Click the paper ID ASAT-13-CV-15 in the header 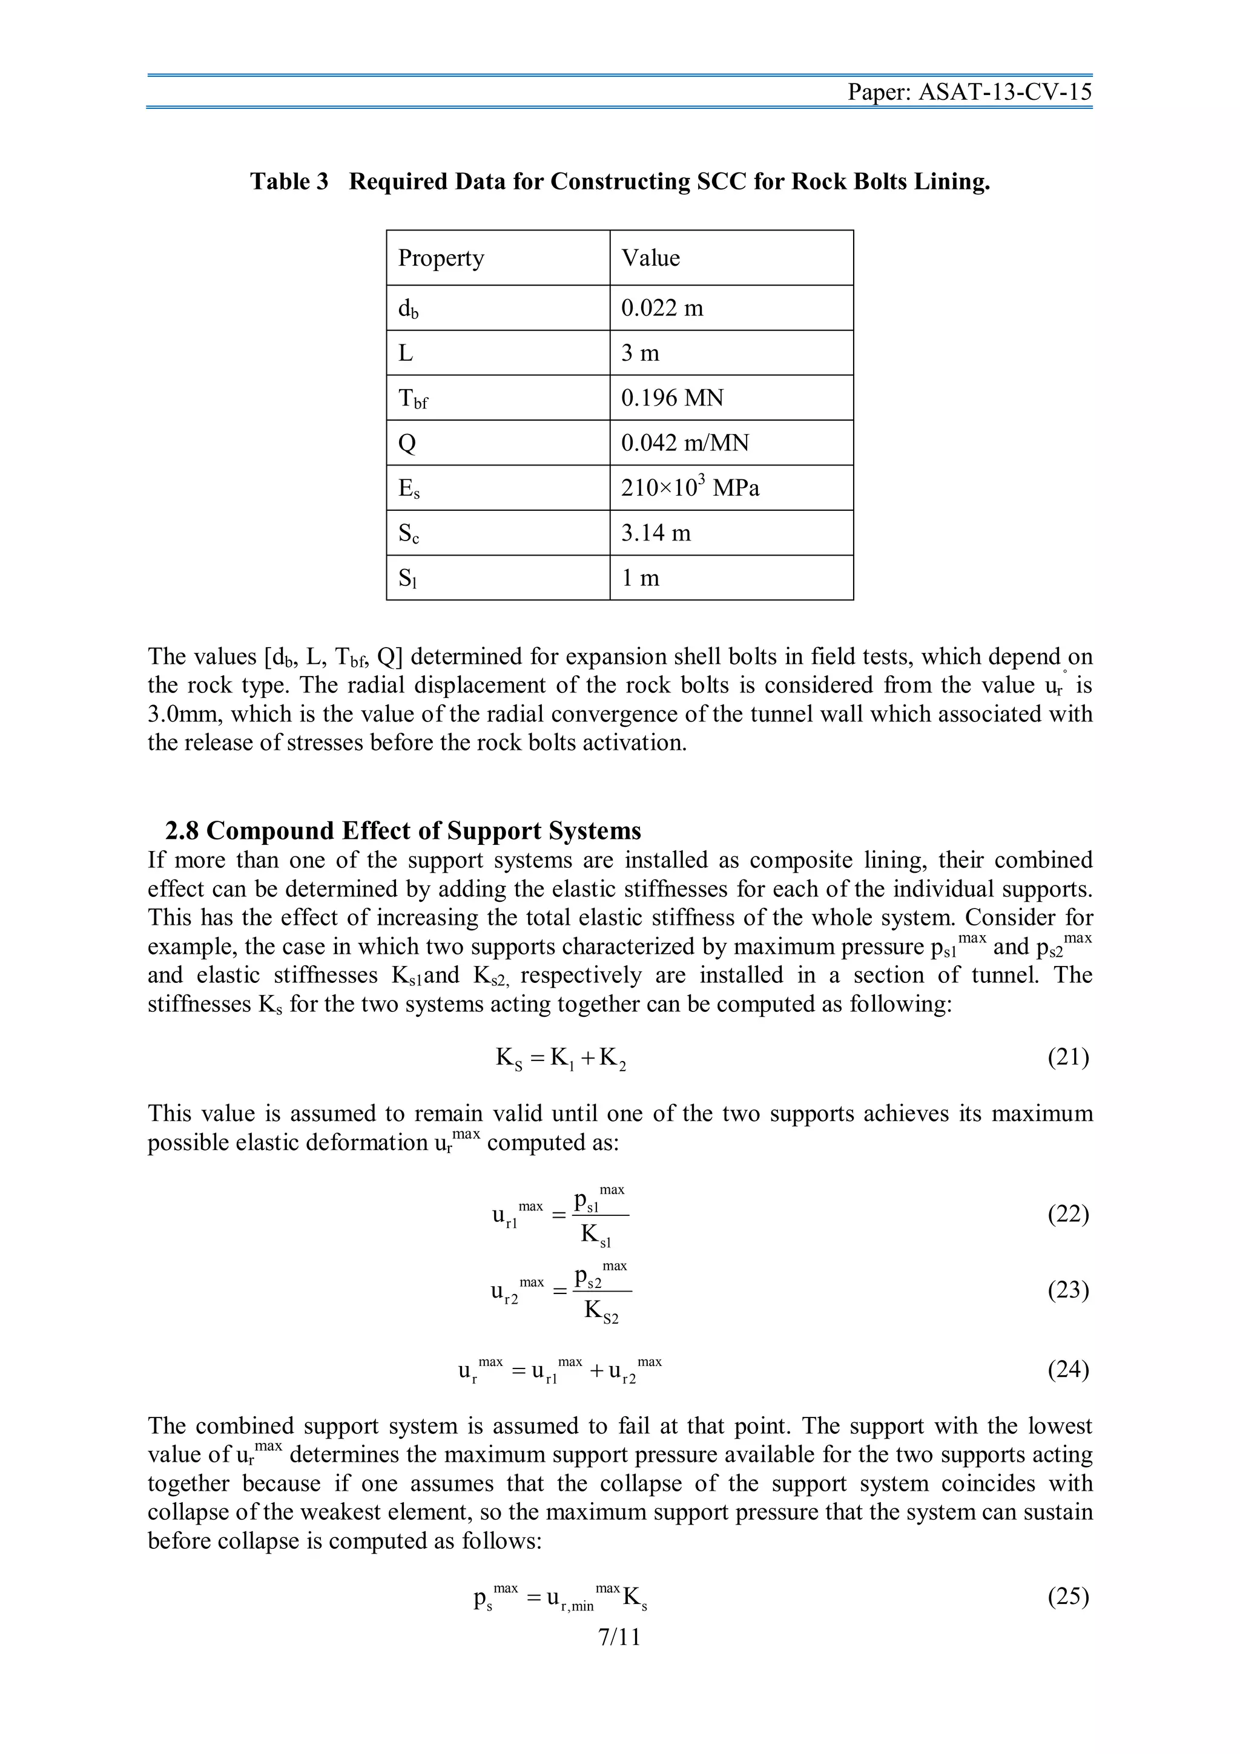[x=1004, y=93]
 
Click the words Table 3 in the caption [x=289, y=182]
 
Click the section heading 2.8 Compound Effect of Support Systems [x=403, y=830]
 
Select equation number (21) [x=1067, y=1057]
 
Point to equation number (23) [x=1067, y=1290]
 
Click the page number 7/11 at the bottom [x=619, y=1637]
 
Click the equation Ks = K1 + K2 [x=561, y=1058]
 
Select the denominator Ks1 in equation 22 [x=596, y=1235]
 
